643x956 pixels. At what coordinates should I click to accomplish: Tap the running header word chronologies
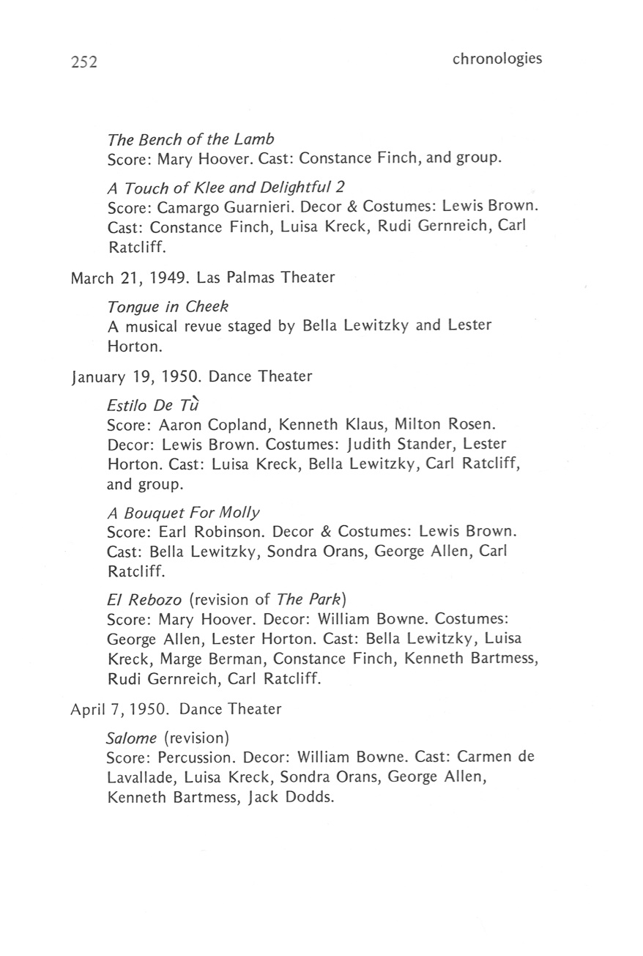[x=497, y=59]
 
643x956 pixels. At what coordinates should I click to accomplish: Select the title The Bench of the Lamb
[x=190, y=139]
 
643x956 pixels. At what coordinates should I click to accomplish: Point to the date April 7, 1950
[x=120, y=709]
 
